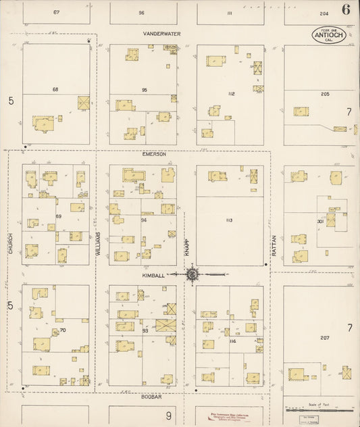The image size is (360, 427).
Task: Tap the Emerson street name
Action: (154, 154)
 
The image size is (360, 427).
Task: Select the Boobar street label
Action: (153, 397)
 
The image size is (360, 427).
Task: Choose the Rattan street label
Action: (275, 243)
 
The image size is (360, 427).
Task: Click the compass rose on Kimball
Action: (192, 274)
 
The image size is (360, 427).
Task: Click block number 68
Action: (55, 89)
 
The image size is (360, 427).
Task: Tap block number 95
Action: (144, 90)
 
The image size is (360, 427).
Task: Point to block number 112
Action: (231, 93)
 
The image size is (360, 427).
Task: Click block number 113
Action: (229, 220)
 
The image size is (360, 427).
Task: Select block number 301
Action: (321, 221)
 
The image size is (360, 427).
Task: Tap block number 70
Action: (62, 330)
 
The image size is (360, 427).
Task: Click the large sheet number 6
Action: (345, 9)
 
